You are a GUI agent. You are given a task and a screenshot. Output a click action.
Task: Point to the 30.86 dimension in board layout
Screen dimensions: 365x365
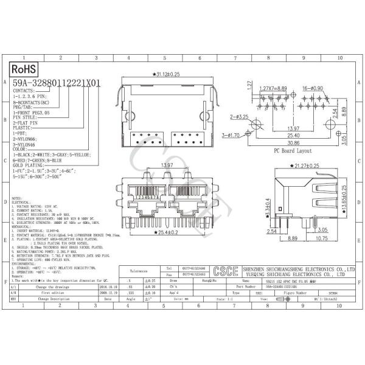(293, 141)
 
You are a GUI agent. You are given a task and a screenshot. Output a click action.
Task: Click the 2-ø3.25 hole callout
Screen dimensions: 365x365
(239, 115)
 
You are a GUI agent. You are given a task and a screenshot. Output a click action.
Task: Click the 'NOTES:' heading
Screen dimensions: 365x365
(18, 198)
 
